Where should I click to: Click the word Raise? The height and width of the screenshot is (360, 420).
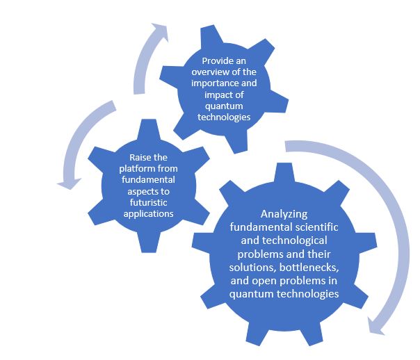coord(139,157)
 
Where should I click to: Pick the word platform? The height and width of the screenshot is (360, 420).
coord(138,169)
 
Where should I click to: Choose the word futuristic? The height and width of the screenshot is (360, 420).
coord(148,203)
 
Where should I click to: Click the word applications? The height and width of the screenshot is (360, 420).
coord(148,214)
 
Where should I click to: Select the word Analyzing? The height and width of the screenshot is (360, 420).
coord(284,214)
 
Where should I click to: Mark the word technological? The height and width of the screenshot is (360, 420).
coord(295,240)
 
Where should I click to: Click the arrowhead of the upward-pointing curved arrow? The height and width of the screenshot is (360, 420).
coord(160,31)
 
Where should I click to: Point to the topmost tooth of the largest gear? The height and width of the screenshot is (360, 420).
coord(284,172)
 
